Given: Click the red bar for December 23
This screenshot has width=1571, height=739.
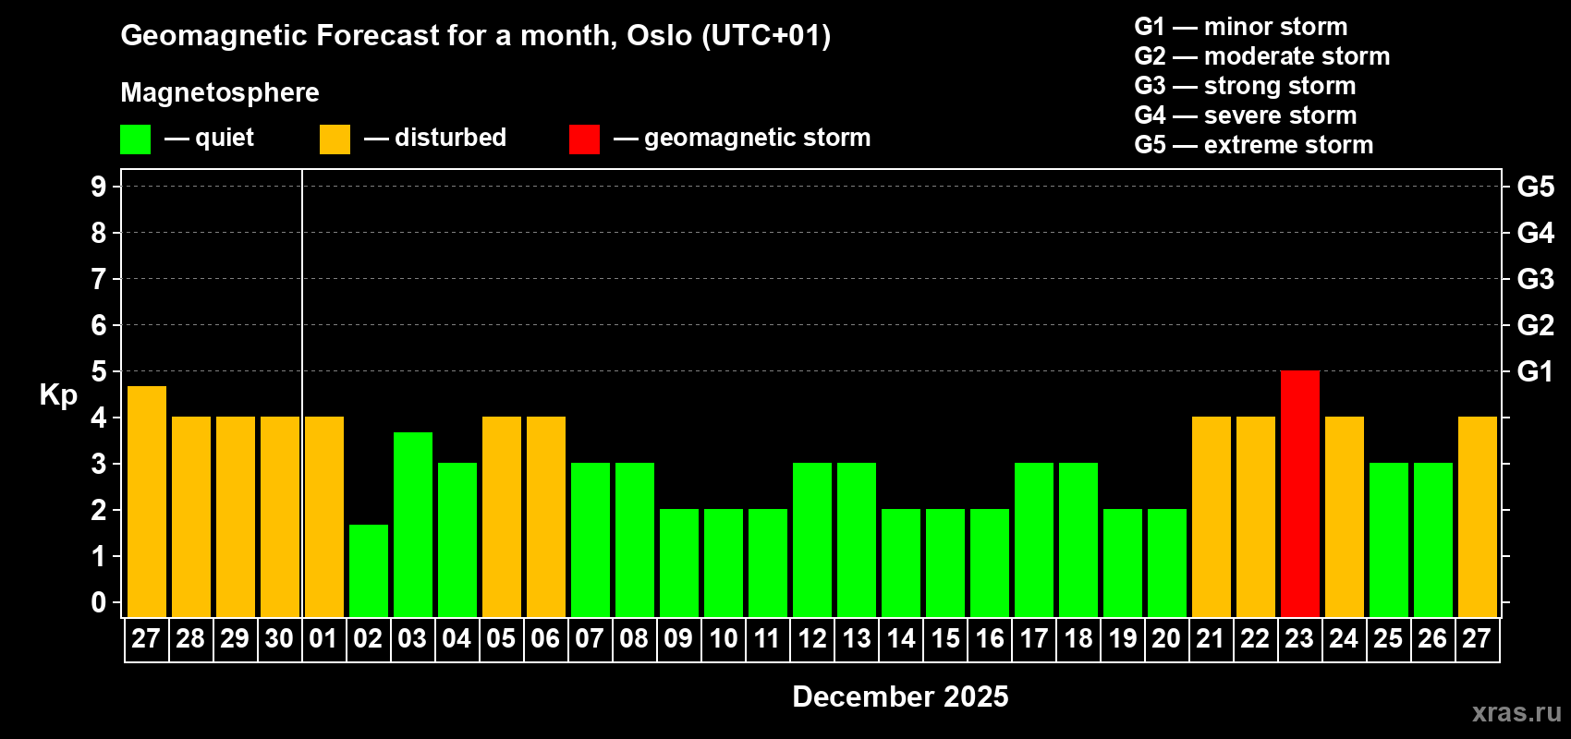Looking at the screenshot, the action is [x=1299, y=493].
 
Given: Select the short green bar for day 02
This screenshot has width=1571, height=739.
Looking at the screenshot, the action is [x=369, y=571].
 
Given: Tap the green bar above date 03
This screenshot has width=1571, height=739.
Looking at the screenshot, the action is [x=413, y=525].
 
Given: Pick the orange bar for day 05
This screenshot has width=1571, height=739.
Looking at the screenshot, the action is [x=502, y=516].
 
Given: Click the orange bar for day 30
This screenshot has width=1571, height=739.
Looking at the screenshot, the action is [x=280, y=516].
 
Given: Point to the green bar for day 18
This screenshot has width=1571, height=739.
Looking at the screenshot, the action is [x=1078, y=539].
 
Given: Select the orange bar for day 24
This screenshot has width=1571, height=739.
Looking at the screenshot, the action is [x=1345, y=516].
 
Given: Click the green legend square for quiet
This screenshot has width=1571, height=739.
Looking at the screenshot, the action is [x=135, y=139].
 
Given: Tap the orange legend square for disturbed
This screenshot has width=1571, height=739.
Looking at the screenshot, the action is [x=335, y=139].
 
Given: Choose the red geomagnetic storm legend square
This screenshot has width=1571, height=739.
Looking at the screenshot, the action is [x=584, y=139].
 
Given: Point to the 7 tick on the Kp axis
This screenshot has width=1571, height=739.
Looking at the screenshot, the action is [x=98, y=279].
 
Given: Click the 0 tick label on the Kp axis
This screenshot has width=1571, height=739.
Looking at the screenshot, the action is [x=98, y=602].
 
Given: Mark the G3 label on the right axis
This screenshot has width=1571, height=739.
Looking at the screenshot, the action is [x=1535, y=279].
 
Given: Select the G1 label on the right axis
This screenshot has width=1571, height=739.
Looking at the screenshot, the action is [x=1535, y=371].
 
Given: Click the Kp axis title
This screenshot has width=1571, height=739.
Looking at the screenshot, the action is [x=58, y=395].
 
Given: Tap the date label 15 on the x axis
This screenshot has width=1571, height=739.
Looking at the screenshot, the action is [x=944, y=638].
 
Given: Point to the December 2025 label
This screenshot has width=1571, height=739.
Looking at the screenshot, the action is [x=900, y=697].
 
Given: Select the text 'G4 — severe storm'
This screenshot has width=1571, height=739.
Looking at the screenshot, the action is [x=1245, y=115].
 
